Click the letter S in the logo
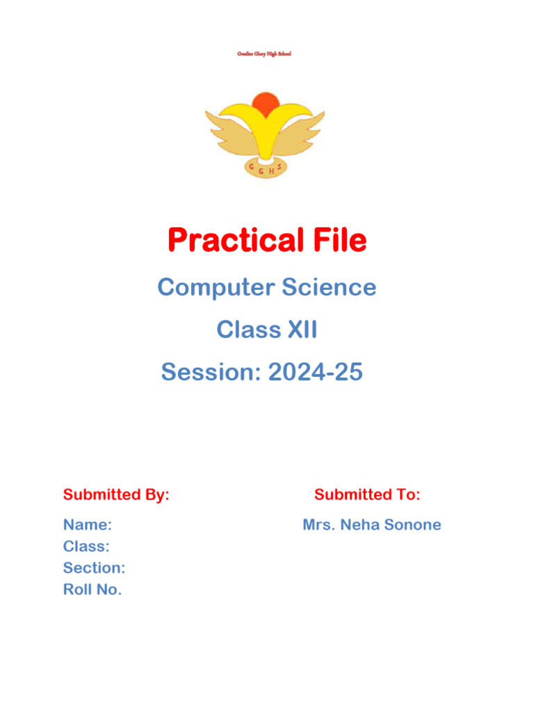tap(280, 167)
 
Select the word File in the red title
tap(337, 241)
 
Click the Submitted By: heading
tap(116, 495)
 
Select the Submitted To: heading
tap(367, 495)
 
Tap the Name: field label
tap(88, 525)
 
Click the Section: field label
tap(94, 568)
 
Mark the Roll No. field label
tap(92, 590)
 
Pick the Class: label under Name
tap(86, 547)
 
